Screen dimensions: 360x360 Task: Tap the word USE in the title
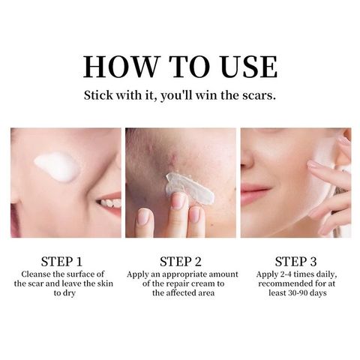[249, 67]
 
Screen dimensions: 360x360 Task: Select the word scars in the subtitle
[259, 95]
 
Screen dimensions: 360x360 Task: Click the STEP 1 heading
[61, 262]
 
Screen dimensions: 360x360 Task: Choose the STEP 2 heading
[181, 262]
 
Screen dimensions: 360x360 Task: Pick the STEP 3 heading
[295, 262]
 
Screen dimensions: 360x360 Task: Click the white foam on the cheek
[57, 166]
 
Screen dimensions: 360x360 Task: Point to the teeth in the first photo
[110, 202]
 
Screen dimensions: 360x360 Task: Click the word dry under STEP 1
[69, 293]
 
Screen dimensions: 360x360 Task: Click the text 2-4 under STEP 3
[286, 274]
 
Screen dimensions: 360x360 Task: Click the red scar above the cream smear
[173, 160]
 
